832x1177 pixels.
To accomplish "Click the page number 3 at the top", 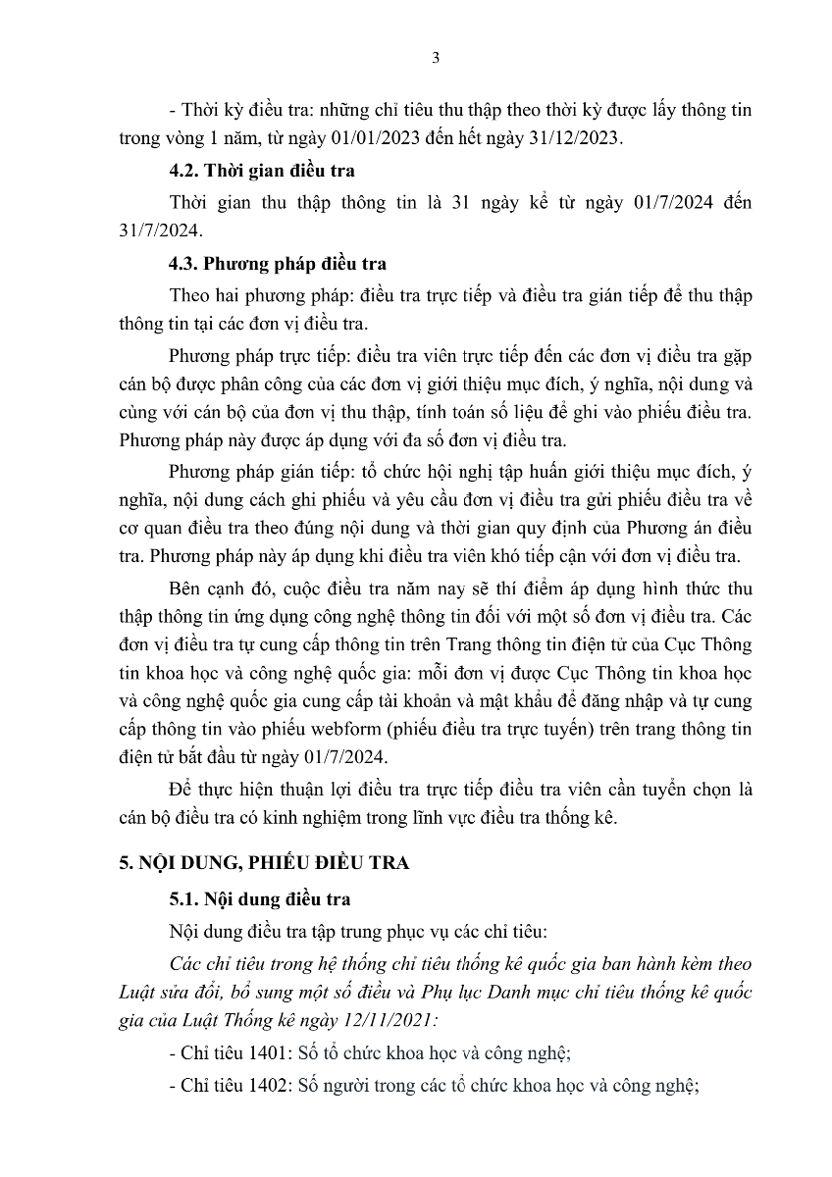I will [436, 57].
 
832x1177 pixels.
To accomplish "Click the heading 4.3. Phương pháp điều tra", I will [278, 264].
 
